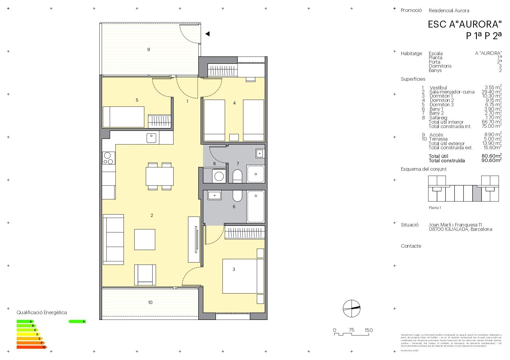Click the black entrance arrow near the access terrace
[x=207, y=34]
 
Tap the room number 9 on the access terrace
[x=148, y=50]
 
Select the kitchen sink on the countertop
[x=151, y=138]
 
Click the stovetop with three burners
[x=108, y=158]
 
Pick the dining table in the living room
[x=160, y=176]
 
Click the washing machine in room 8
[x=219, y=176]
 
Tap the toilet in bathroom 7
[x=237, y=176]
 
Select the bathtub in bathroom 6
[x=255, y=206]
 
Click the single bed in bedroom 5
[x=124, y=117]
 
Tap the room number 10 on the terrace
[x=150, y=303]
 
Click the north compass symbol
[x=351, y=308]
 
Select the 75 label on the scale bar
[x=351, y=330]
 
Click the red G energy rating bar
[x=31, y=347]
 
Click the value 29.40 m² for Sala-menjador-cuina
[x=491, y=92]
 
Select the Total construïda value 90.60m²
[x=491, y=161]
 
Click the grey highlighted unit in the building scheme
[x=477, y=193]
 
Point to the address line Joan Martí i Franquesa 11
[x=455, y=225]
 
